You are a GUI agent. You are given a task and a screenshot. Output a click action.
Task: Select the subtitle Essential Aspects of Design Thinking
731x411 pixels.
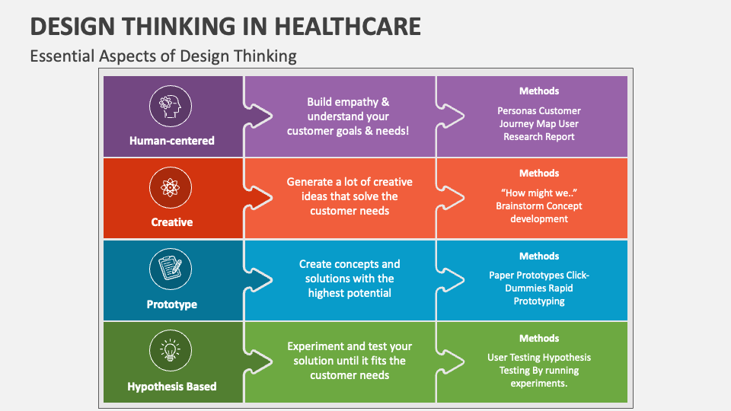(x=163, y=56)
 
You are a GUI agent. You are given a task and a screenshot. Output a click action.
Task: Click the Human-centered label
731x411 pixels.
(x=172, y=141)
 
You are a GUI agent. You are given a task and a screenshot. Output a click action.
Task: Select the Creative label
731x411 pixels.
(x=172, y=222)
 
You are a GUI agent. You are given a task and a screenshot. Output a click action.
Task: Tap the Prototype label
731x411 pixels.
(x=172, y=304)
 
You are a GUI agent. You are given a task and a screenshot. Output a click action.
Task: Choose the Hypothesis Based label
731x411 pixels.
(x=172, y=387)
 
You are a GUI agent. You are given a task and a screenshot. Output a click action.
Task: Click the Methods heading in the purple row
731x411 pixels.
(x=539, y=91)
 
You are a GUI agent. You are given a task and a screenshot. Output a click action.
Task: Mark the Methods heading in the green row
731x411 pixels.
(x=539, y=339)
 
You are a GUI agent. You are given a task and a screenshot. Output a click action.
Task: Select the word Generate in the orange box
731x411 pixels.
(x=310, y=182)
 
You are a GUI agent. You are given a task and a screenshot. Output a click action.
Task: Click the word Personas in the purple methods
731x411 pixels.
(x=518, y=111)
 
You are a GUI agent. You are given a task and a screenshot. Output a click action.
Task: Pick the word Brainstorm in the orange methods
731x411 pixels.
(x=522, y=206)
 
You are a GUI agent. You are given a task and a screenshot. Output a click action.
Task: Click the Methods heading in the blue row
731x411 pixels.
(x=539, y=256)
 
